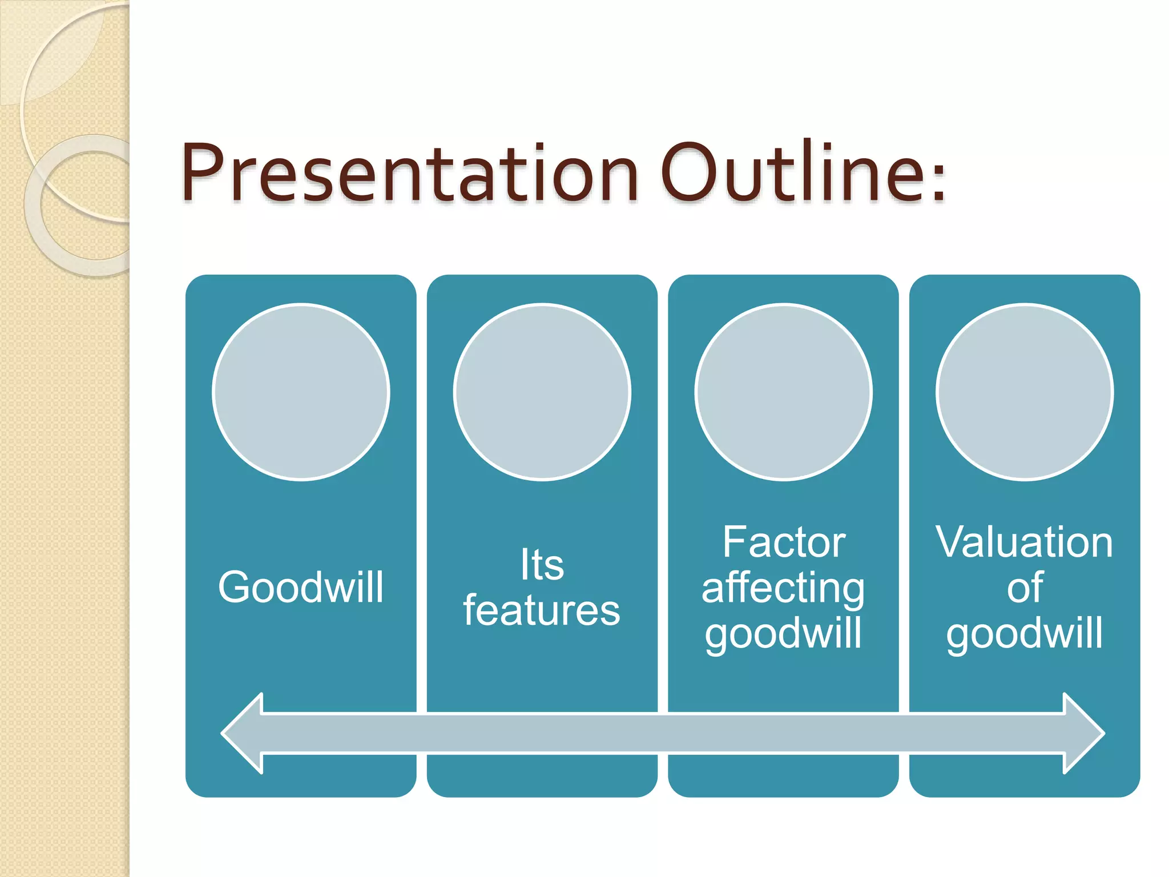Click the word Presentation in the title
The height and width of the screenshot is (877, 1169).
(409, 173)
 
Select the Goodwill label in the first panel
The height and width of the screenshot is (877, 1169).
(301, 587)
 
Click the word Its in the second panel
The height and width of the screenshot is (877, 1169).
(542, 565)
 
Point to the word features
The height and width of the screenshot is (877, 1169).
(542, 610)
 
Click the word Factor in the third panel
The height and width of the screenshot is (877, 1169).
(784, 542)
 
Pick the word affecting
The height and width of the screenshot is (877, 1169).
(783, 588)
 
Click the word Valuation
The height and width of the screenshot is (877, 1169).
(1025, 542)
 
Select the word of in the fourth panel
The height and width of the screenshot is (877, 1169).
(1025, 588)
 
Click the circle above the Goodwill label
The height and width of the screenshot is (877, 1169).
(301, 392)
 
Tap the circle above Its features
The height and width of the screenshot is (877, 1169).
(542, 392)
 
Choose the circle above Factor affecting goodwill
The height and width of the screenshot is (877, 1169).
(784, 392)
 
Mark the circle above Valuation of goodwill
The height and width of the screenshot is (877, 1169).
(1025, 392)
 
